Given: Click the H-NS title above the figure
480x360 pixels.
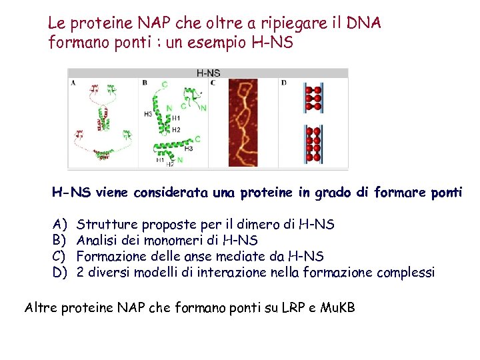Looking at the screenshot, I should click(207, 73).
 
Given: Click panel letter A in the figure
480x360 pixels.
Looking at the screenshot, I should click(73, 83).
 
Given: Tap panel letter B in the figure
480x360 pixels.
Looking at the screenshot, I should click(145, 83).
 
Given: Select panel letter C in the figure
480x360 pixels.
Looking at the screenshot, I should click(213, 83).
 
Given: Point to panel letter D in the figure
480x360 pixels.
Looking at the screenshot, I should click(284, 83).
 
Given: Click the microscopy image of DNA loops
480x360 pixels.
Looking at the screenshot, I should click(243, 123).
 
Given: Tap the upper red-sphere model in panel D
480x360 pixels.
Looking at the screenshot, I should click(313, 97).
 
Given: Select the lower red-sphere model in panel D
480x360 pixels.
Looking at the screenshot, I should click(313, 144).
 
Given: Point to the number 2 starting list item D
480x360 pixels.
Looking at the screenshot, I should click(81, 272).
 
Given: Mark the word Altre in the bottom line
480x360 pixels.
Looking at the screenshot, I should click(41, 307).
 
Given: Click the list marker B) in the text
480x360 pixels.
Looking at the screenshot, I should click(59, 240).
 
